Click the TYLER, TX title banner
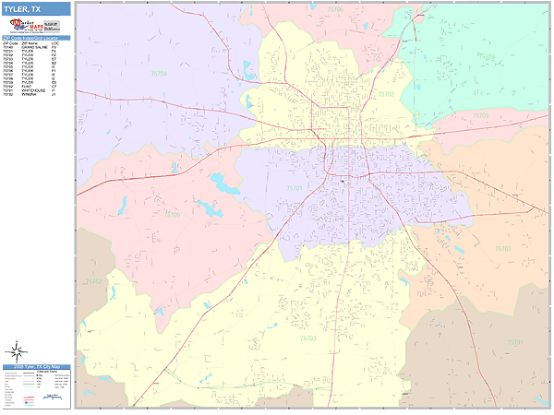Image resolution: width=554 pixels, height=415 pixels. [35, 7]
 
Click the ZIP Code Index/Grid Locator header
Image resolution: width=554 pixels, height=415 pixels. [35, 38]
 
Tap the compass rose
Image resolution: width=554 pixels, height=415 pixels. [16, 351]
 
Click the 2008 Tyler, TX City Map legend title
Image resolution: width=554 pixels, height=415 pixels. [35, 367]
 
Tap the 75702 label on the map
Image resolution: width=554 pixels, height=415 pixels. [386, 94]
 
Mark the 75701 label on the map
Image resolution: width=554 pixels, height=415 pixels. [295, 187]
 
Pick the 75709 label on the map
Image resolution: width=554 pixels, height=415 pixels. [172, 214]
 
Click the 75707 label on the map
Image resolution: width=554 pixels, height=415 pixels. [502, 249]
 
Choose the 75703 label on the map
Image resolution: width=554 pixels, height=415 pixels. [307, 339]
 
